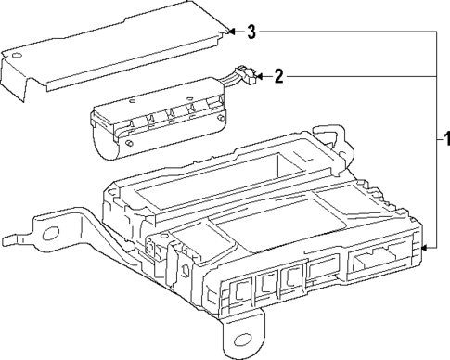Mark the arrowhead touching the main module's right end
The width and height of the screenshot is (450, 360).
coord(425,249)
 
